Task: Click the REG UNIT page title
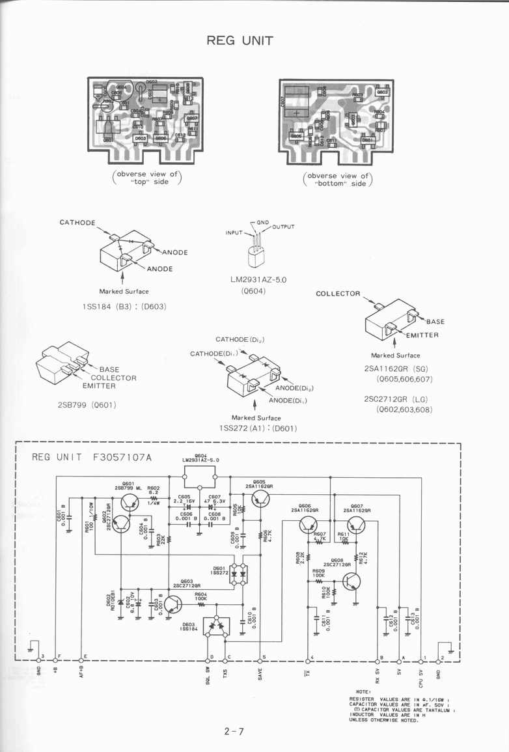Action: (x=240, y=40)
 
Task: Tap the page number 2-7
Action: (x=233, y=731)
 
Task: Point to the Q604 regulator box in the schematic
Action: (x=200, y=476)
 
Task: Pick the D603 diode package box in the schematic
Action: (x=216, y=626)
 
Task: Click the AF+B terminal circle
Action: (x=81, y=660)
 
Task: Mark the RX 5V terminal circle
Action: (x=380, y=660)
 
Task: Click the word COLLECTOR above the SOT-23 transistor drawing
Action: (x=338, y=294)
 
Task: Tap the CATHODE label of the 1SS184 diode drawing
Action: (x=77, y=223)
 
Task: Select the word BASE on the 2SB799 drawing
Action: (x=109, y=369)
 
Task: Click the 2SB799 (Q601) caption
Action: (x=87, y=404)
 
